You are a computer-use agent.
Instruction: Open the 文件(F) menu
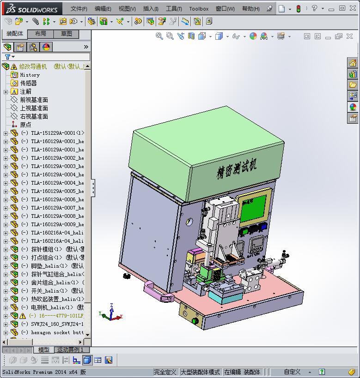coord(79,9)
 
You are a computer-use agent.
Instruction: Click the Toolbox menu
coord(199,9)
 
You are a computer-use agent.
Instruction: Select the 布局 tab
coord(41,34)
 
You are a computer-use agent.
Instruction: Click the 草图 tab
coord(67,34)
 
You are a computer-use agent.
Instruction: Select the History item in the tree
coord(30,75)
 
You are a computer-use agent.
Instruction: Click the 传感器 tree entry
coord(28,83)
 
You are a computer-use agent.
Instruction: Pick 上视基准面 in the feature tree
coord(34,108)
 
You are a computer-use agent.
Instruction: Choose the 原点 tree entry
coord(25,125)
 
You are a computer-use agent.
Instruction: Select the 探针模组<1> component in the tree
coord(46,249)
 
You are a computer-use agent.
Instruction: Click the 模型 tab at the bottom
coord(44,350)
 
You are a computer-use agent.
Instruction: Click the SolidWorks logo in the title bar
coord(32,8)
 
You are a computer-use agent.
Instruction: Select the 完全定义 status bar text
coord(165,372)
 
